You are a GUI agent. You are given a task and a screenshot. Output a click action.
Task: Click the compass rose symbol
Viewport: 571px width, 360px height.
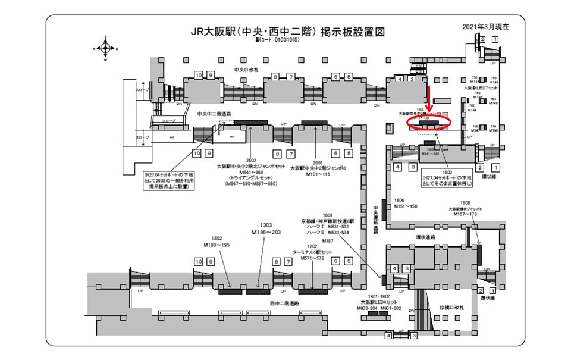(105, 49)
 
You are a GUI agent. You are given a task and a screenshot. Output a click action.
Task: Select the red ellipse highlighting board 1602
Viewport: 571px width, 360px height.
(430, 123)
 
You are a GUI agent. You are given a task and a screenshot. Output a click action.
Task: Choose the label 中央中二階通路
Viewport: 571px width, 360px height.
(214, 113)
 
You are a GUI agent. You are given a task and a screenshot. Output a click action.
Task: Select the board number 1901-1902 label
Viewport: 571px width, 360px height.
(379, 296)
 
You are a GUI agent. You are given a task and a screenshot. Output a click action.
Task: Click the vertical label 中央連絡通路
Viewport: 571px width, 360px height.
(375, 218)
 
